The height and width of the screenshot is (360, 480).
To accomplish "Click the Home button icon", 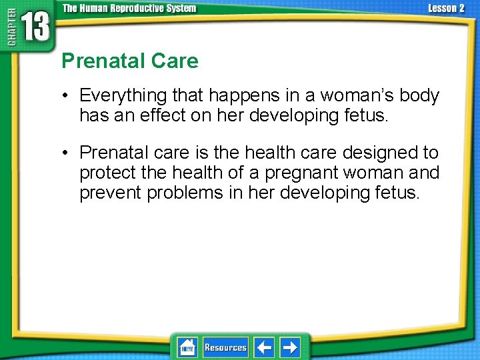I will pyautogui.click(x=187, y=347).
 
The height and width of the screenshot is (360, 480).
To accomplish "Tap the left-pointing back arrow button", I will pyautogui.click(x=264, y=347).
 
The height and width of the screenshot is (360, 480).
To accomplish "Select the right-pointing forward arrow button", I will pyautogui.click(x=289, y=347).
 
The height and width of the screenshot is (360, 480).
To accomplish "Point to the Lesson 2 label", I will pyautogui.click(x=446, y=8).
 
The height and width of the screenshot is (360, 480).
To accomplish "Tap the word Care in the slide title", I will pyautogui.click(x=175, y=61).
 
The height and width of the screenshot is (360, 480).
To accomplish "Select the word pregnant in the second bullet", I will pyautogui.click(x=301, y=173).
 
